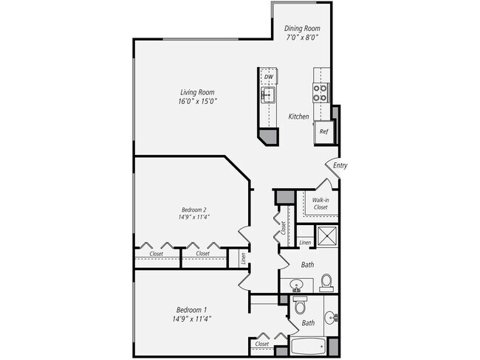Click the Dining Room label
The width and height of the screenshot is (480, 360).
click(x=303, y=29)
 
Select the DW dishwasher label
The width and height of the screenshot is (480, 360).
click(x=269, y=77)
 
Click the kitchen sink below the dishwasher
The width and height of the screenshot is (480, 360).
click(x=268, y=94)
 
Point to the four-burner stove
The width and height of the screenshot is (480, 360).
click(x=321, y=91)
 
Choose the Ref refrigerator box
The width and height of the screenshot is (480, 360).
click(x=323, y=131)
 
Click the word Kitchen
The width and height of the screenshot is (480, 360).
click(x=298, y=117)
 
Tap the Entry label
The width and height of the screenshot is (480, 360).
click(x=340, y=165)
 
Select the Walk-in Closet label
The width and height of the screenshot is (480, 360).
click(x=320, y=204)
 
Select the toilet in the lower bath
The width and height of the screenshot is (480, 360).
click(x=299, y=306)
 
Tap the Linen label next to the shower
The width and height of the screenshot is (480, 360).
click(x=306, y=243)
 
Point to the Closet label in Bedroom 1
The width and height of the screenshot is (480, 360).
click(x=261, y=344)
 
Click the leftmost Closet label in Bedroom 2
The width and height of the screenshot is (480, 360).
click(x=156, y=254)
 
